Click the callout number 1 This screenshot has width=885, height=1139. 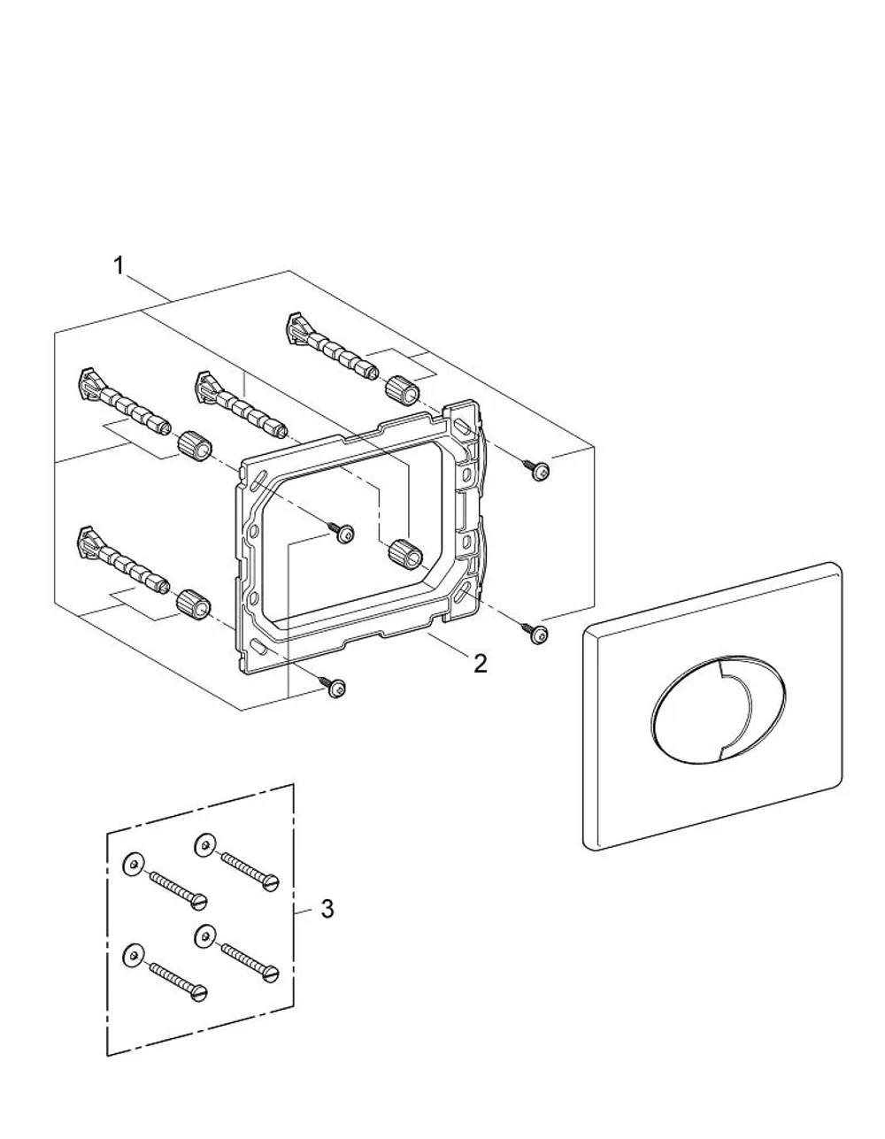click(x=119, y=266)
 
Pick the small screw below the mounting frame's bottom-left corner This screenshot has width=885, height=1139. click(x=334, y=686)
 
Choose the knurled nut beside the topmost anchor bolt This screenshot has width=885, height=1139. click(x=403, y=391)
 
